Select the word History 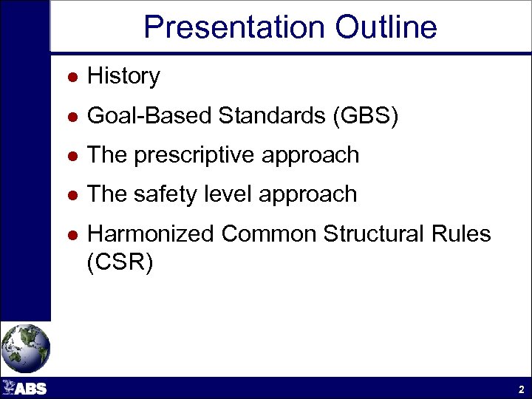coord(123,76)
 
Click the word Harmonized coord(150,234)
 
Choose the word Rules coord(463,234)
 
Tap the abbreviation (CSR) coord(120,263)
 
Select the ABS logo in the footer coord(25,388)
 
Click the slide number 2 coord(521,389)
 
